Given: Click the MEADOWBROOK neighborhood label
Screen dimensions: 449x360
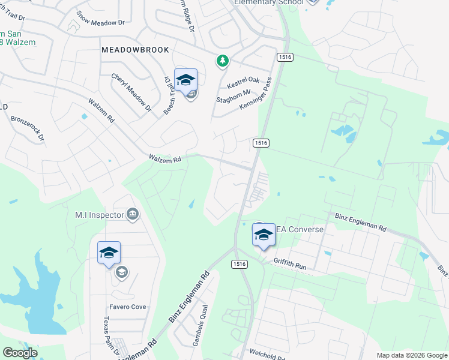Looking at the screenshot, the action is [x=135, y=50].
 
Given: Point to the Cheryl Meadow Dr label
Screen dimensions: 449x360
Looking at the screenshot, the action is [x=131, y=92].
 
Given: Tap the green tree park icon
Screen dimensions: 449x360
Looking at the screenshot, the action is [x=223, y=60].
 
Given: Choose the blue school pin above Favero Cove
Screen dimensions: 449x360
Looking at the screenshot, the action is [x=109, y=253].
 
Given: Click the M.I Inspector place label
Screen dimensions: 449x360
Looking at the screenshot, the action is [x=99, y=214].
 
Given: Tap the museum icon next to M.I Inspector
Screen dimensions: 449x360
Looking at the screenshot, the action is [x=133, y=214].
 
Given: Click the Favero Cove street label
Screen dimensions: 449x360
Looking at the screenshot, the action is [x=127, y=307].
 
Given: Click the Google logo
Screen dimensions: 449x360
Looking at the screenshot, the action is [x=20, y=353].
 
